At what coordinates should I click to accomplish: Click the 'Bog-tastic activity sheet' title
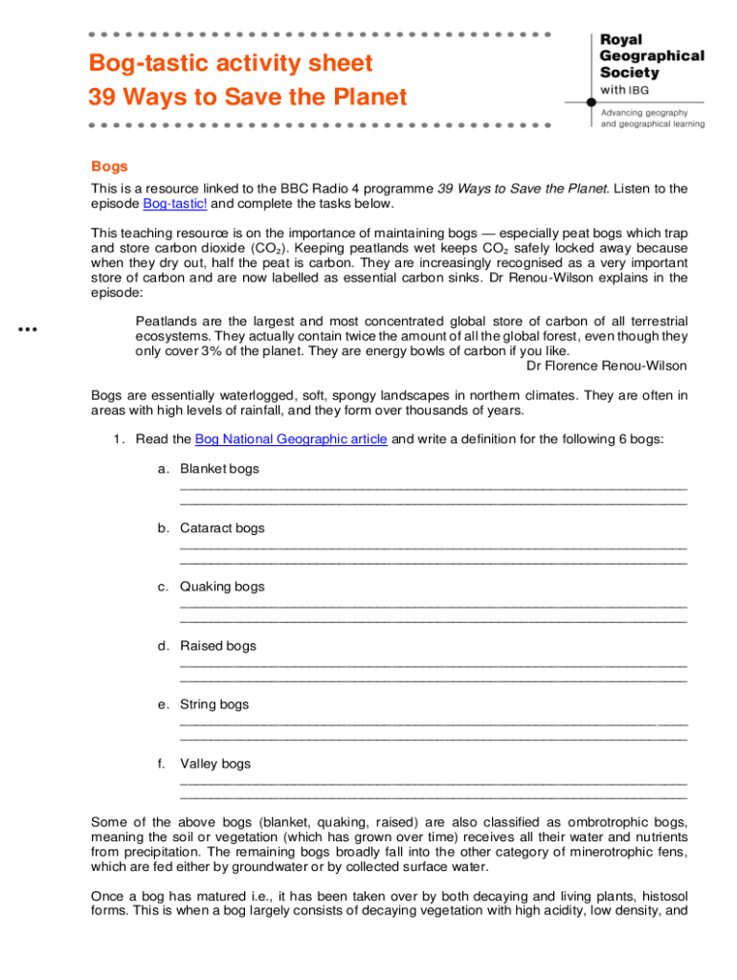[230, 64]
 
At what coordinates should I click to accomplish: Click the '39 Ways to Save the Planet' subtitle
[247, 98]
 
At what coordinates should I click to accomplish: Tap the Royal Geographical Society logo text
[651, 56]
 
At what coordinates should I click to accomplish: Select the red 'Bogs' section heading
[109, 167]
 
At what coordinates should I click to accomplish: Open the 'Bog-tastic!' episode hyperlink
[175, 204]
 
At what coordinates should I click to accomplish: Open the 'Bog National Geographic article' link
[291, 439]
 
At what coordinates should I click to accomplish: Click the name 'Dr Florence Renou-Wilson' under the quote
[607, 366]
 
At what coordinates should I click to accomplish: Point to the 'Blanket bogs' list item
[219, 469]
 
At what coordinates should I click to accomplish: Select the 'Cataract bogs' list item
[222, 528]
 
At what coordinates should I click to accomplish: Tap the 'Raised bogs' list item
[218, 646]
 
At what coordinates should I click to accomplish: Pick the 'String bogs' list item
[214, 704]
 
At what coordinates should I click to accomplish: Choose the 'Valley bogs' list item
[215, 764]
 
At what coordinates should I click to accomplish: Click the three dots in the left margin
[27, 329]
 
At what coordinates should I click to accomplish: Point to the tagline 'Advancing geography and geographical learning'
[652, 118]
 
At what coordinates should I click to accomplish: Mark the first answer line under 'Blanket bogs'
[433, 486]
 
